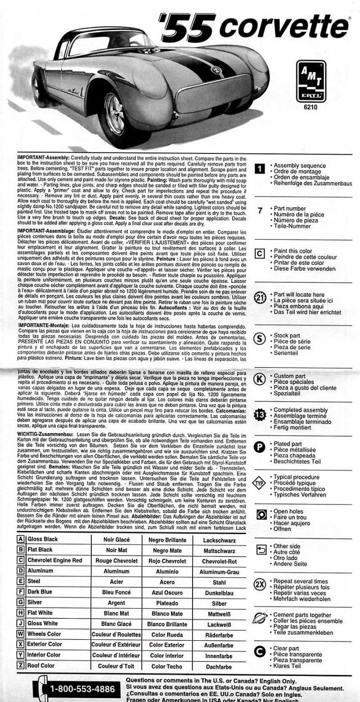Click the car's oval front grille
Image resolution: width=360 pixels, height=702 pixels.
tap(213, 93)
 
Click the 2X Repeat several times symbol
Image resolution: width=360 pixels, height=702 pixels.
tap(260, 584)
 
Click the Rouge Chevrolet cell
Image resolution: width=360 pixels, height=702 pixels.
tap(116, 561)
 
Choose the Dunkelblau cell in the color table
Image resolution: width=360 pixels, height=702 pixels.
tap(219, 593)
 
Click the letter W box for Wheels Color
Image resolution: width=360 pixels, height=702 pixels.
tap(21, 634)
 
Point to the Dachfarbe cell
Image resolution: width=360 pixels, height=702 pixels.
tap(219, 666)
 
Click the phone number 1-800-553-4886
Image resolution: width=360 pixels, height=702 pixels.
tap(82, 688)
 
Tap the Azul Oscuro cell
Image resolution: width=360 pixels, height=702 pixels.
tap(167, 593)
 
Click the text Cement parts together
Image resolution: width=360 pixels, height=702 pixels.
tap(302, 615)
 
